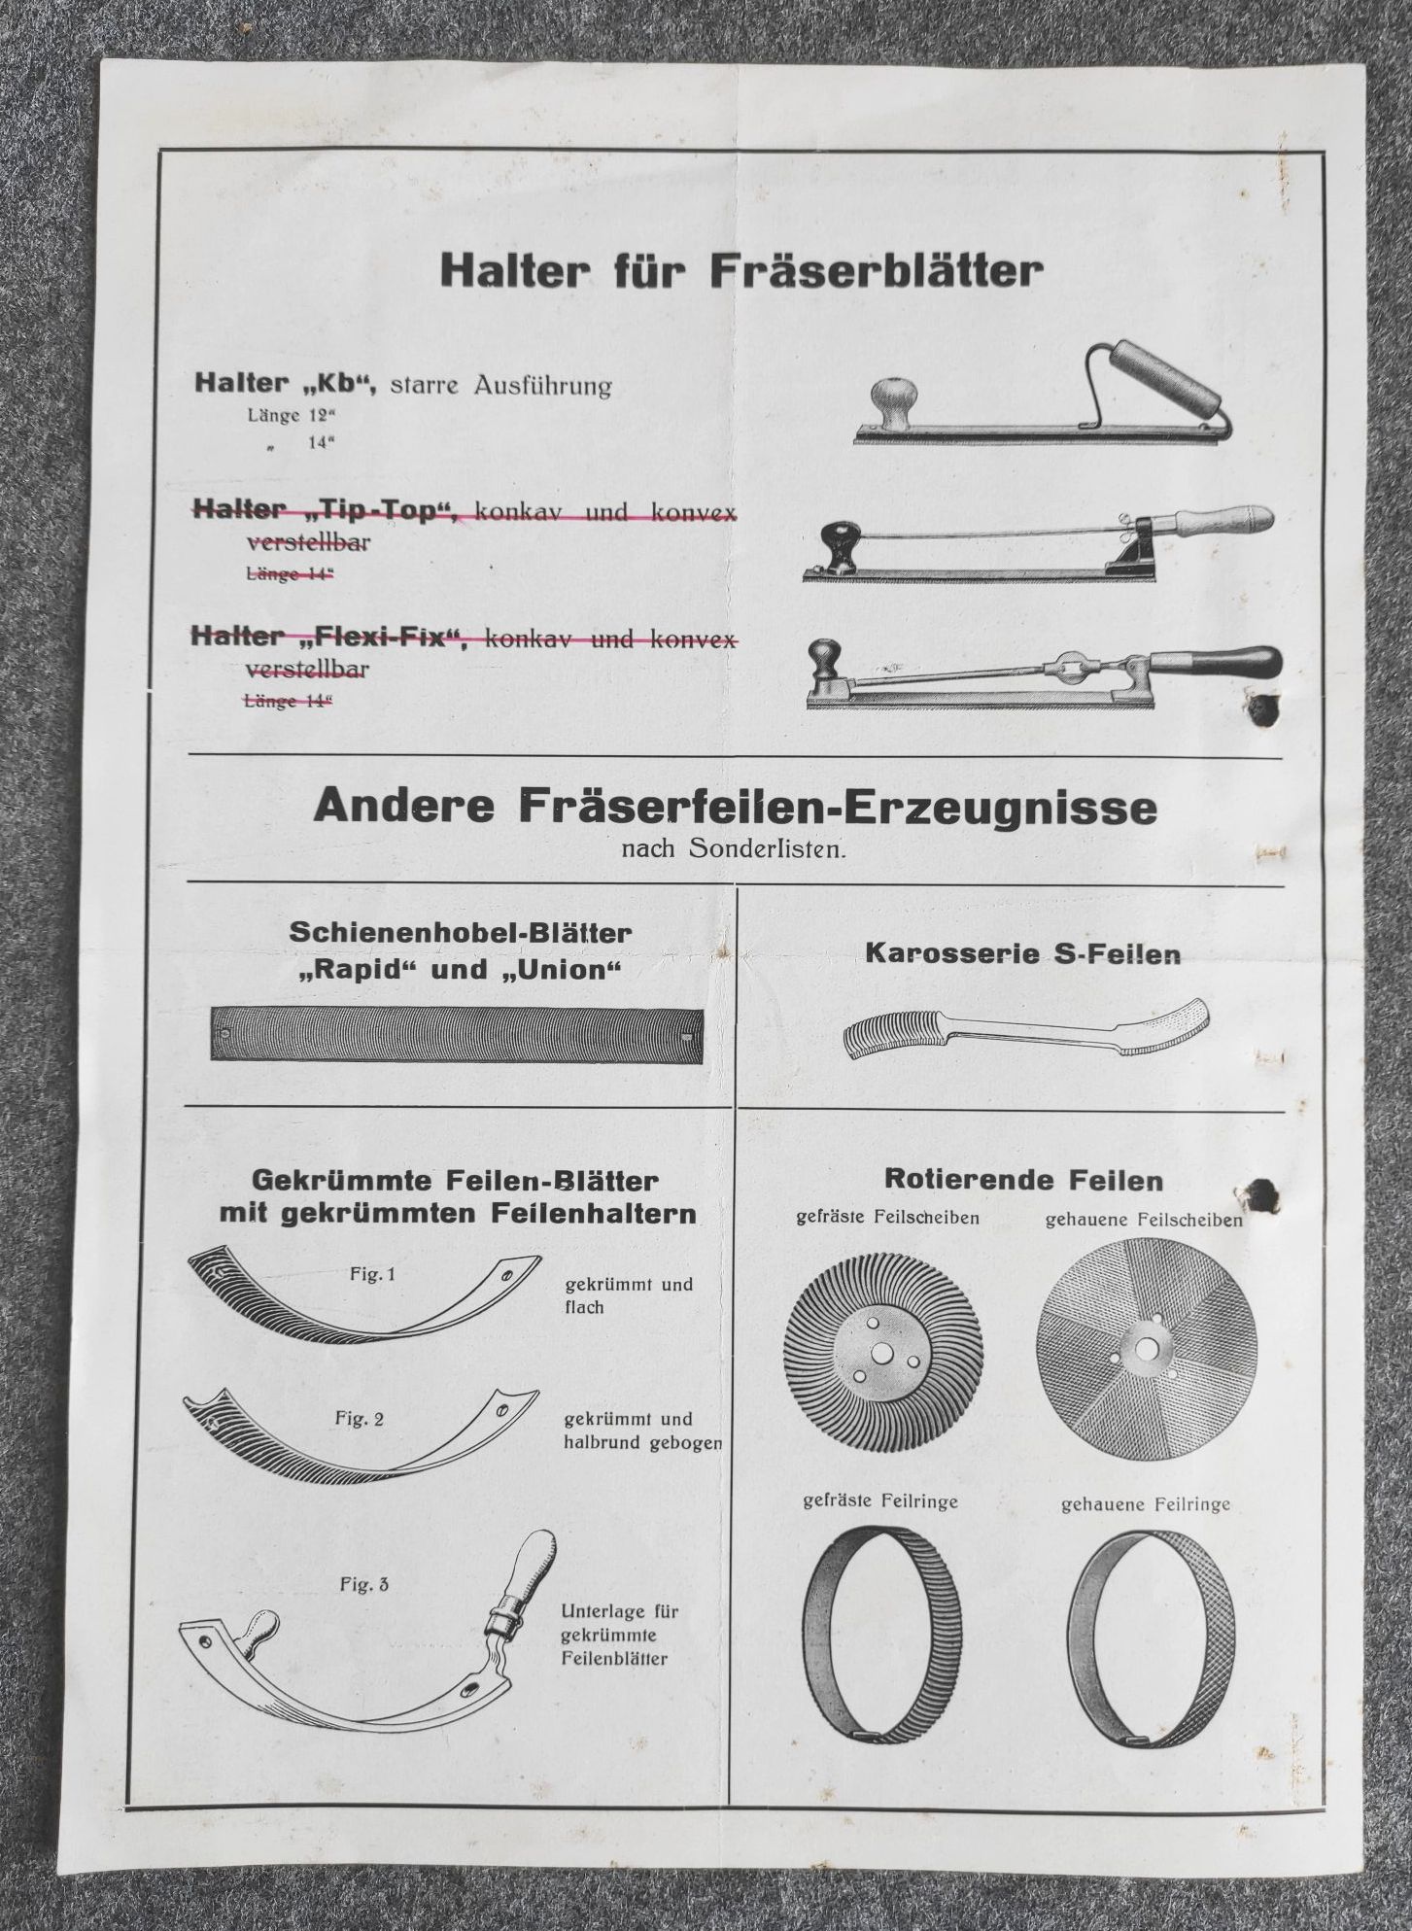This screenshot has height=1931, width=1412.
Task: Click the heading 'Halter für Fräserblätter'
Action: (x=740, y=271)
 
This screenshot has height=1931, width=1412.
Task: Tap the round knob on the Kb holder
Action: (x=892, y=399)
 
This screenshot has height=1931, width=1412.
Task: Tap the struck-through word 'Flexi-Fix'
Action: (x=388, y=638)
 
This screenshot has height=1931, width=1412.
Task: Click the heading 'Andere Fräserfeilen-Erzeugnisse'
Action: (x=735, y=809)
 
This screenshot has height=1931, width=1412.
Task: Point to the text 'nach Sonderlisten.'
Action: (x=735, y=848)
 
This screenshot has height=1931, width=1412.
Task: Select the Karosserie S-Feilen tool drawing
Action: (x=1025, y=1028)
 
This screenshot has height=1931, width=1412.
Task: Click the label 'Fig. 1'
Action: (x=372, y=1275)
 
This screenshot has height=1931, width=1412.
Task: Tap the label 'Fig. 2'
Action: (x=359, y=1418)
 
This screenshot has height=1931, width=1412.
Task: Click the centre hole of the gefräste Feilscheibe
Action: (x=882, y=1356)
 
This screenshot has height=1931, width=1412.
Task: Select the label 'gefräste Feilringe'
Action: (x=879, y=1501)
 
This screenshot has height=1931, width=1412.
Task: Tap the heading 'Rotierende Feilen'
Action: (x=1022, y=1181)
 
